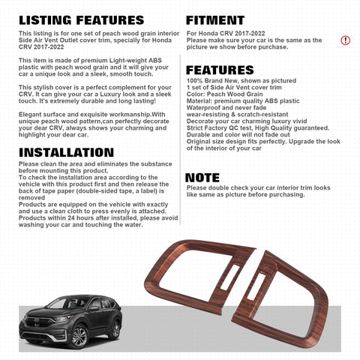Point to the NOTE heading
[202, 178]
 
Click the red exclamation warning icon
[345, 40]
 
